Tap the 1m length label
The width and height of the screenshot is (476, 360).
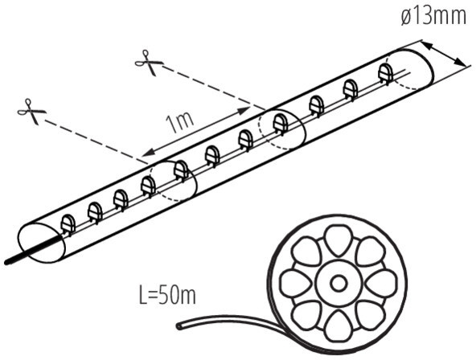pyautogui.click(x=180, y=122)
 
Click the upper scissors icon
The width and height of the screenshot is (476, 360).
pyautogui.click(x=149, y=63)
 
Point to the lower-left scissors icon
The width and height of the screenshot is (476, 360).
pyautogui.click(x=31, y=112)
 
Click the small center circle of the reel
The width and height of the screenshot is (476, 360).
pyautogui.click(x=339, y=284)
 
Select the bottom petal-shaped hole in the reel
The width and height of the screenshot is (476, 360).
pyautogui.click(x=338, y=326)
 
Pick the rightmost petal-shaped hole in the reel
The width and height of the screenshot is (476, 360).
pyautogui.click(x=381, y=284)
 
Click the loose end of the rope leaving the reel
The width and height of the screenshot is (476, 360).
pyautogui.click(x=179, y=326)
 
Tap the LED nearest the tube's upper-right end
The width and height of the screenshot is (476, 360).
pyautogui.click(x=386, y=74)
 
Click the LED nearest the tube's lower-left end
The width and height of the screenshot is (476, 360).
pyautogui.click(x=68, y=225)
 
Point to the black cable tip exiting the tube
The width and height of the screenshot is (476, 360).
pyautogui.click(x=6, y=262)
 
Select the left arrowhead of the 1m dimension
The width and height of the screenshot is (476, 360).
pyautogui.click(x=147, y=153)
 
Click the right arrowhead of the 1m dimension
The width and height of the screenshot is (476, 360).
pyautogui.click(x=244, y=110)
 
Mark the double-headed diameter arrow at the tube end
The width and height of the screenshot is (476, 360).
pyautogui.click(x=443, y=54)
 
